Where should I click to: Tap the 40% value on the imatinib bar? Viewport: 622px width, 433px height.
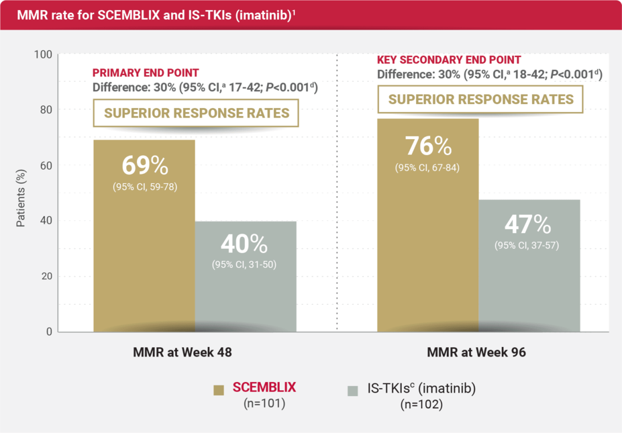(x=244, y=243)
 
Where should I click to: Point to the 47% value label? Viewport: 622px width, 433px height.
(x=527, y=224)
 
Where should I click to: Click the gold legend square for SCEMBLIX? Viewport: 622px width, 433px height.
(x=219, y=391)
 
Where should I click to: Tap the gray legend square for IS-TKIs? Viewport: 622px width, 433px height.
(x=354, y=391)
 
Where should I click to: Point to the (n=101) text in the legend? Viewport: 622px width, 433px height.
(x=264, y=404)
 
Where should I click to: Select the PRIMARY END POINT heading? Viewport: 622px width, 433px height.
(x=146, y=73)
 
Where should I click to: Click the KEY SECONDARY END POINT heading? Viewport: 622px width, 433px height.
(x=449, y=60)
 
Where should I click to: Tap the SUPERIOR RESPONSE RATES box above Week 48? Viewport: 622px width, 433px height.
(x=195, y=113)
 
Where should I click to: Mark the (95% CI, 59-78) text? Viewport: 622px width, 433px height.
(x=144, y=187)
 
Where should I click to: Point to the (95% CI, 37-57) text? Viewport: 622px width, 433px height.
(x=527, y=245)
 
